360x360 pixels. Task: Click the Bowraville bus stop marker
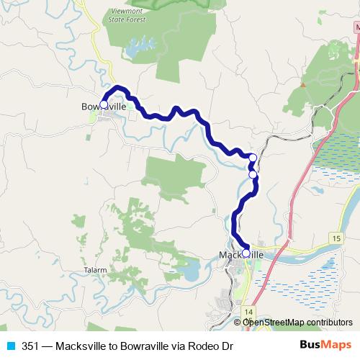click(104, 104)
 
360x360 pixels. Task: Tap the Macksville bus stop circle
click(246, 253)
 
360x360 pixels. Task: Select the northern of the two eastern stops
click(253, 158)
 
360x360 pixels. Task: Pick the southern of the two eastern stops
click(253, 174)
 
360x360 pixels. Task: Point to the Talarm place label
click(96, 270)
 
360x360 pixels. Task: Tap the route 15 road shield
click(336, 237)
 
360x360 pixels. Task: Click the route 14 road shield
click(248, 310)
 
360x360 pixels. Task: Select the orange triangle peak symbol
click(302, 84)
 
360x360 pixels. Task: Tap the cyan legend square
click(12, 346)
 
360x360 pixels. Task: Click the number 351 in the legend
click(30, 346)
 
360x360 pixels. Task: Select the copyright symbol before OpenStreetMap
click(238, 323)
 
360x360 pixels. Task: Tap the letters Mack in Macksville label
click(229, 255)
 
